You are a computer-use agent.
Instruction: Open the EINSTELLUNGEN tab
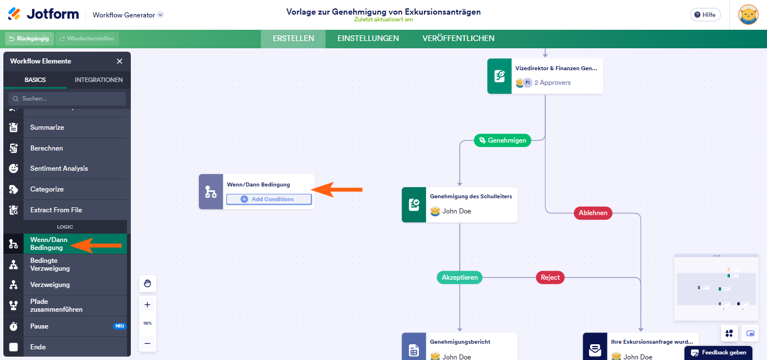(x=368, y=38)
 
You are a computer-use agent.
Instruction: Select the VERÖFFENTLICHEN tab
(x=458, y=38)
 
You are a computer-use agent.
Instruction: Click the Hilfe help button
(x=705, y=15)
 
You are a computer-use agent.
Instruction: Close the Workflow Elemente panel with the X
(x=120, y=61)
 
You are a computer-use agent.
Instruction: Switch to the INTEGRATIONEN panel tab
(x=98, y=80)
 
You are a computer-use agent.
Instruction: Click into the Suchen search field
(x=67, y=98)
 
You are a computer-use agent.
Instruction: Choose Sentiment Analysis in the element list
(x=59, y=168)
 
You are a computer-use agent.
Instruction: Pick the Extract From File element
(x=56, y=210)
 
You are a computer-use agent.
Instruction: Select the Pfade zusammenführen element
(x=56, y=306)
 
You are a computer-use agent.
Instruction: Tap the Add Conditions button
(x=268, y=199)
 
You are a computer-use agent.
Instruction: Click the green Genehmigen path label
(x=503, y=140)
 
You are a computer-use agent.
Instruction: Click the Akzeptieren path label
(x=459, y=277)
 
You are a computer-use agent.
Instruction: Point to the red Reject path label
(x=550, y=277)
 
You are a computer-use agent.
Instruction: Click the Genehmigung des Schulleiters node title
(x=471, y=197)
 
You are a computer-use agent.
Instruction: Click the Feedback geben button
(x=718, y=353)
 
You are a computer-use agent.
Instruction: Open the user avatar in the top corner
(x=748, y=15)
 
